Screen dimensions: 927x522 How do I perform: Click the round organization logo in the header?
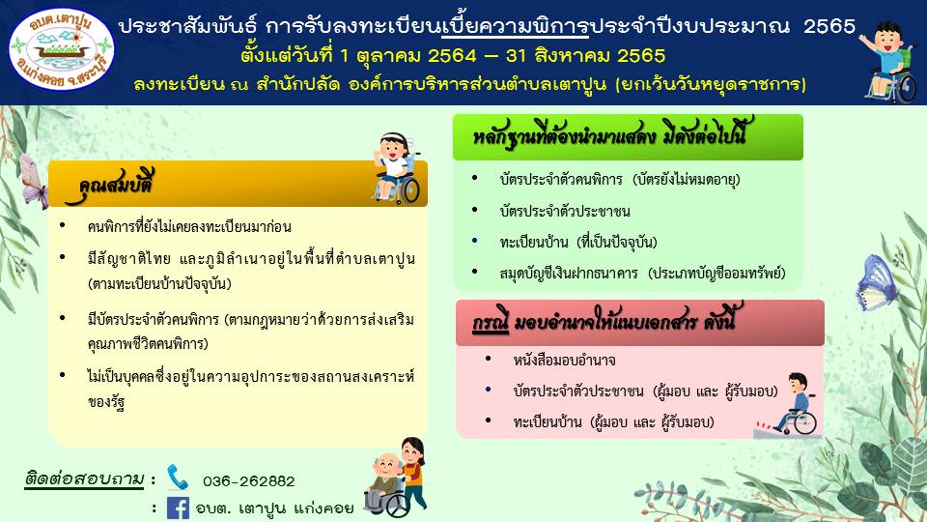click(x=62, y=49)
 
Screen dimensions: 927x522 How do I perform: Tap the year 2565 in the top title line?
click(x=829, y=27)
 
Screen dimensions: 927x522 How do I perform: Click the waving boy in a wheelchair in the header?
click(x=888, y=61)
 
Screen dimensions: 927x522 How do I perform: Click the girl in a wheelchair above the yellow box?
click(x=396, y=168)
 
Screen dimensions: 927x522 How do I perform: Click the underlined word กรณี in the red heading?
click(x=491, y=323)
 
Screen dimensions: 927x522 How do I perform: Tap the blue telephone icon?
click(x=177, y=477)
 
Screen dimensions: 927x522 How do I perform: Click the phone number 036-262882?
click(x=249, y=481)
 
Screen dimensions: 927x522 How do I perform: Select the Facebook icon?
click(x=178, y=507)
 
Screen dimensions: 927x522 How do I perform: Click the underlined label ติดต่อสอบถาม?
click(x=84, y=478)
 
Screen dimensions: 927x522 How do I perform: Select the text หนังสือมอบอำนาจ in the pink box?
click(x=565, y=361)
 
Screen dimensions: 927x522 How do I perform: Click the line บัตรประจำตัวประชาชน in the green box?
click(x=565, y=212)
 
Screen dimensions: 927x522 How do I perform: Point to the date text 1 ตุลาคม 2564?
click(x=408, y=56)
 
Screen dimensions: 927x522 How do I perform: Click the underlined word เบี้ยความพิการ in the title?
click(x=515, y=27)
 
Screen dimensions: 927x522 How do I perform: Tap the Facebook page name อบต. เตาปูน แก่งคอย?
click(x=274, y=508)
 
